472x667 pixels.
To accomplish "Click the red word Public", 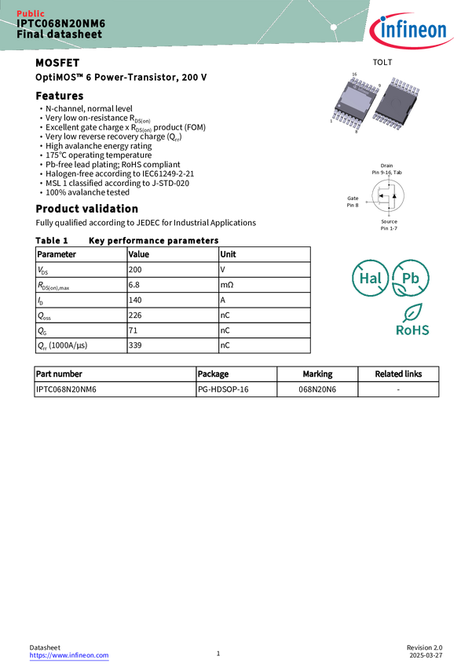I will click(31, 14).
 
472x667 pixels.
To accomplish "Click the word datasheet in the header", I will click(75, 35).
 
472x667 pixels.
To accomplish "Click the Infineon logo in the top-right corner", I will click(414, 30).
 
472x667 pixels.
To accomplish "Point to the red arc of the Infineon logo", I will click(393, 22).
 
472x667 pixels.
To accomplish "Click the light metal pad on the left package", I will click(352, 100).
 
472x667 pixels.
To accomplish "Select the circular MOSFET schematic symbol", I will click(387, 196).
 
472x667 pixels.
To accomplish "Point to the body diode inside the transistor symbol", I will click(393, 196).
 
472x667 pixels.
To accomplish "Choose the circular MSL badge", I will click(370, 278).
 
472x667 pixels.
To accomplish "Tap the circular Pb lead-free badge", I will click(411, 278).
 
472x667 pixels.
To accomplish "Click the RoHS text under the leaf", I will click(413, 330).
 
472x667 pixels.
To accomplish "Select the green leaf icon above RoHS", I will click(413, 312).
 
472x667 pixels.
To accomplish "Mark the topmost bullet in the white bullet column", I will click(41, 108).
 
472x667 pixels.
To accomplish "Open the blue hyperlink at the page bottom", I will click(68, 655).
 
